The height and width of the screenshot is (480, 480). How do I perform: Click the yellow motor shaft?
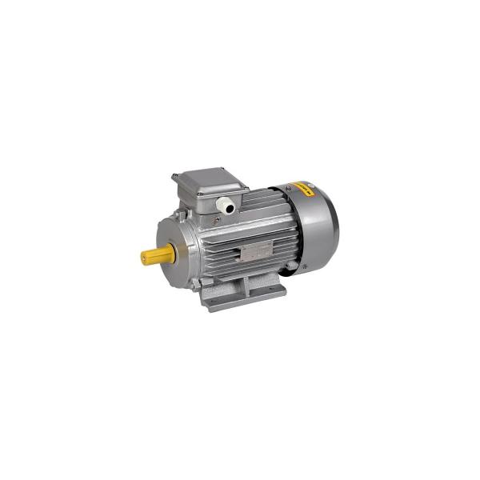(159, 255)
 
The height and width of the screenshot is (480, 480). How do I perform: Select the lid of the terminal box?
(206, 179)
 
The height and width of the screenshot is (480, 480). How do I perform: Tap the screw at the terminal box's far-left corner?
(175, 177)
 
